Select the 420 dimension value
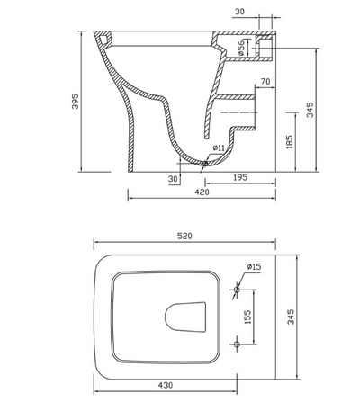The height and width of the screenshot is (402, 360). coord(202,192)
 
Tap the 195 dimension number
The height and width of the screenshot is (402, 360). coord(239,178)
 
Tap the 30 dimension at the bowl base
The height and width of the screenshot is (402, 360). coord(172,178)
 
